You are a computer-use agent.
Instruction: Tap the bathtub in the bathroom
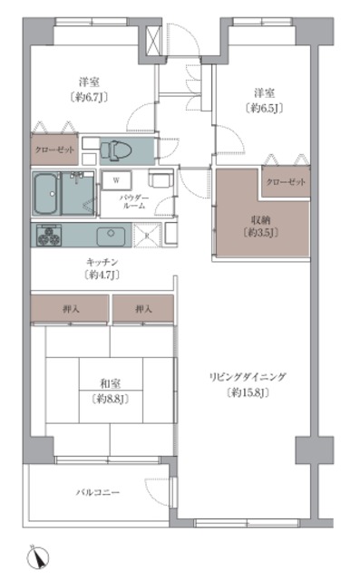tap(47, 193)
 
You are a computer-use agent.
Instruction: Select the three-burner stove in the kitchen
tap(49, 235)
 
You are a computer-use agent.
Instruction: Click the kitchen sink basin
tap(111, 236)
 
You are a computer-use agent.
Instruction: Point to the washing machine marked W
tap(116, 180)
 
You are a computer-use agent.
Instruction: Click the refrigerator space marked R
tap(147, 235)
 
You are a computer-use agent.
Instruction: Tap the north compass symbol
tap(38, 556)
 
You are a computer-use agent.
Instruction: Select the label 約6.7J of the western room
tap(89, 97)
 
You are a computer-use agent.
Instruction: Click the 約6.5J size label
tap(264, 108)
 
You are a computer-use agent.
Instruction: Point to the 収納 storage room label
tap(261, 220)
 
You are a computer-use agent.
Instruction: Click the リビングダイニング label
tap(248, 377)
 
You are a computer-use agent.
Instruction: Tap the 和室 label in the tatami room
tap(111, 383)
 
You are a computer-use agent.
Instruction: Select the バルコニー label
tap(98, 492)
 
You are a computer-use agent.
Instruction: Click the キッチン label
tap(102, 262)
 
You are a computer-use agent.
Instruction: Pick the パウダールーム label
tap(134, 202)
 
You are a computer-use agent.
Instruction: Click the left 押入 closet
tap(70, 309)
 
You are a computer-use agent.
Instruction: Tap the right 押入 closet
tap(143, 309)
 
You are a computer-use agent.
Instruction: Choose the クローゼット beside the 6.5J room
tap(286, 182)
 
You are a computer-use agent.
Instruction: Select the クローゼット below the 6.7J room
tap(54, 150)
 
